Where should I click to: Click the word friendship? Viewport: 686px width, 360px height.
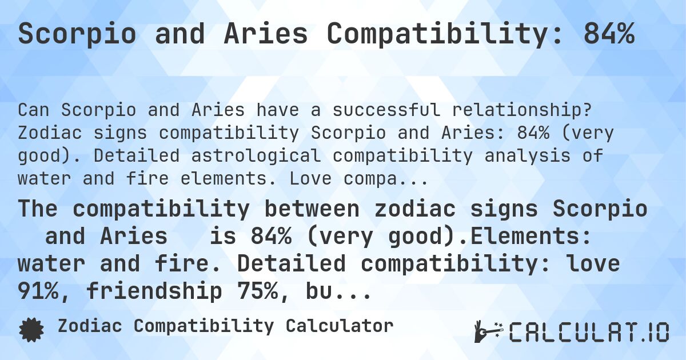tap(154, 292)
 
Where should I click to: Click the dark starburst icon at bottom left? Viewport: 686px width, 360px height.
tap(31, 330)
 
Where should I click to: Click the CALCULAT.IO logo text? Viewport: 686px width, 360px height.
tap(589, 331)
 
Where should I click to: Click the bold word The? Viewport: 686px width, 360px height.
tap(38, 209)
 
